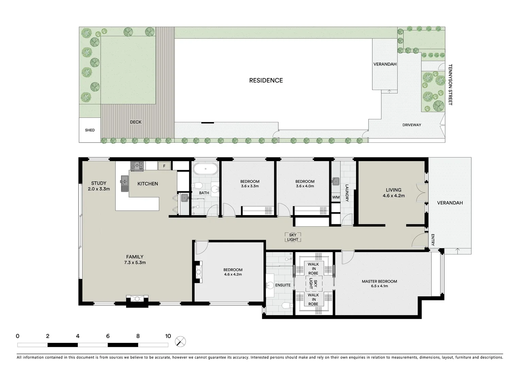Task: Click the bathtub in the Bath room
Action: tap(205, 169)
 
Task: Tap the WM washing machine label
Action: tap(336, 197)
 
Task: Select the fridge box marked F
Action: tap(164, 166)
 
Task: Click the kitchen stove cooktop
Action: tap(137, 166)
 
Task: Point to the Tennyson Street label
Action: tap(450, 85)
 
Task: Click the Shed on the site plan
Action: tap(90, 130)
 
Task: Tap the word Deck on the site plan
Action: tap(136, 122)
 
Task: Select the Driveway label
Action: tap(412, 125)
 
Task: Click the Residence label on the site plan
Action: tap(266, 81)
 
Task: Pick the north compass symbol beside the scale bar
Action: tap(181, 341)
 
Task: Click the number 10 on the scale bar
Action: tap(168, 336)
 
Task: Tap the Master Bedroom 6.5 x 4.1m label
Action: tap(379, 283)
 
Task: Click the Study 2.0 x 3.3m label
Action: tap(99, 186)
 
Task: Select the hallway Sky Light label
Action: tap(292, 237)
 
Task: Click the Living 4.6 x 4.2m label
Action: tap(393, 193)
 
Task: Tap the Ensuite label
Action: tap(283, 285)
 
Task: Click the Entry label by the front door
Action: tap(433, 240)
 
